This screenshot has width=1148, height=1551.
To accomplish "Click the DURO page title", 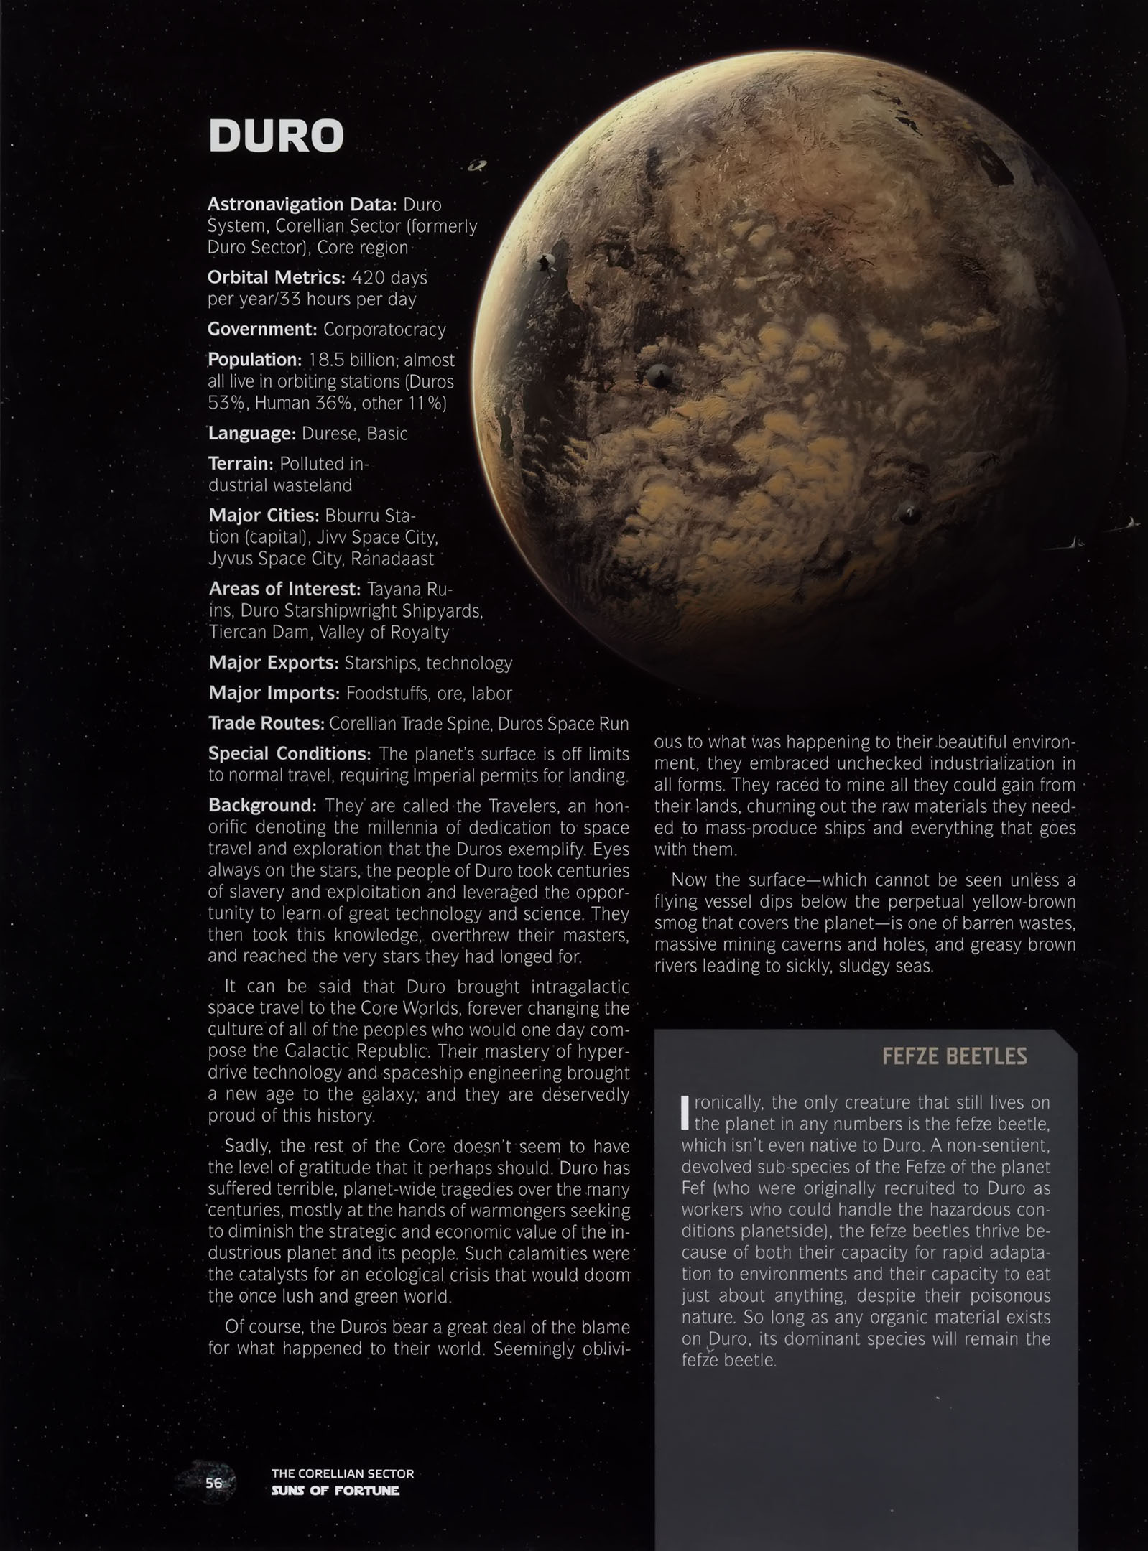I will click(276, 136).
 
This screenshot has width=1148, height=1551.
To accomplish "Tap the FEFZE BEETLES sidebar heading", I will click(954, 1056).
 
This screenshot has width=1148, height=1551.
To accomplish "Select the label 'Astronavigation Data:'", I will click(302, 205).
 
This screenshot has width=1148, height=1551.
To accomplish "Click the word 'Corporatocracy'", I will click(384, 330).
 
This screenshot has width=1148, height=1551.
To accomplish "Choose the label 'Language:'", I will click(251, 434).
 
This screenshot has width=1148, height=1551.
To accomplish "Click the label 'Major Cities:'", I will click(264, 516).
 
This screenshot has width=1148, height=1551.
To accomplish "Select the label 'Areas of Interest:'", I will click(284, 590).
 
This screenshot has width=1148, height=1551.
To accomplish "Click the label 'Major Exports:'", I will click(273, 663).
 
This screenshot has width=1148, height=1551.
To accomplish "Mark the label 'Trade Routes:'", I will click(266, 724).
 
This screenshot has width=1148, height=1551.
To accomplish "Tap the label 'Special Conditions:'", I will click(290, 754).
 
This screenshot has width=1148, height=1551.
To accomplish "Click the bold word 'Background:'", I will click(262, 806).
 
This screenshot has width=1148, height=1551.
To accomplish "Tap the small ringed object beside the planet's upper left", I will click(477, 167).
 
